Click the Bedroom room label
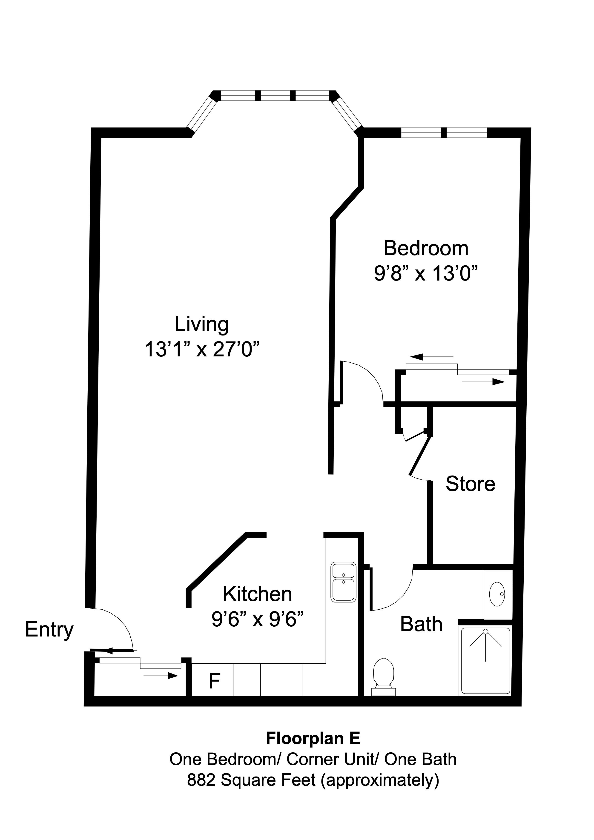[426, 248]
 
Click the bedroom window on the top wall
[444, 132]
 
